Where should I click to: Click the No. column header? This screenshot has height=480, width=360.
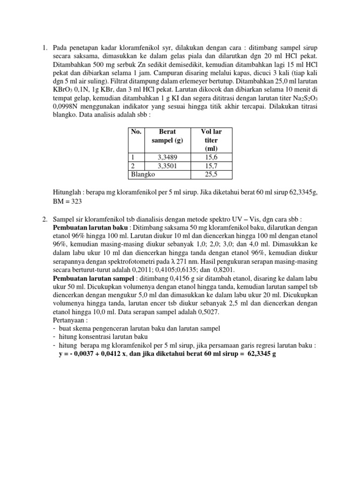click(136, 132)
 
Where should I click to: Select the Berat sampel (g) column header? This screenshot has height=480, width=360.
click(167, 136)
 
